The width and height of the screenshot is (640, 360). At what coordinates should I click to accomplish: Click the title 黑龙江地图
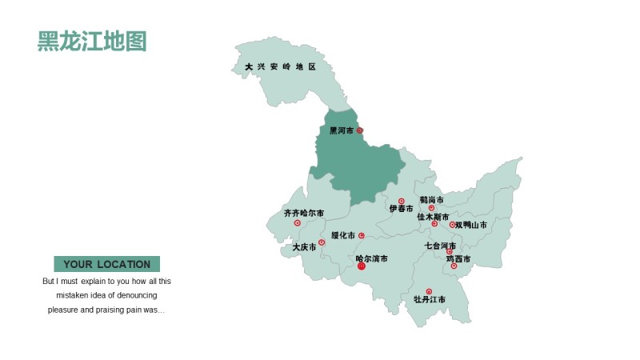tap(92, 42)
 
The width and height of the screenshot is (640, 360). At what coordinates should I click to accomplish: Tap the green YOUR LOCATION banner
tap(106, 264)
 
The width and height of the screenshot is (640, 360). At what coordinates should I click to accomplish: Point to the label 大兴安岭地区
tap(281, 67)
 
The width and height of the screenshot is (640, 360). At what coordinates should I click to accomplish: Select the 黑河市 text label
tap(341, 130)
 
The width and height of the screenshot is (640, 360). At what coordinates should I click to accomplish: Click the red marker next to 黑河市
tap(359, 130)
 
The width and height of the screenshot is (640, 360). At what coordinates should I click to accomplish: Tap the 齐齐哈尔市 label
tap(304, 214)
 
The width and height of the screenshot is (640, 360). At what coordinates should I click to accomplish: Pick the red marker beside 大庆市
tap(322, 242)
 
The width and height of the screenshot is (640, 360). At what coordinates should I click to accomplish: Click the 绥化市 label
tap(342, 236)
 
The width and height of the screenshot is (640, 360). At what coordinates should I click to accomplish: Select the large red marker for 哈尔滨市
tap(361, 266)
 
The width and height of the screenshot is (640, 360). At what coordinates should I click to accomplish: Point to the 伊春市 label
tap(401, 209)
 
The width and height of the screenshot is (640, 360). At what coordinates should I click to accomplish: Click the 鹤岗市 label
tap(431, 200)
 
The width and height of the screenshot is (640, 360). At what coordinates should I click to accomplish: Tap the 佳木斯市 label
tap(433, 217)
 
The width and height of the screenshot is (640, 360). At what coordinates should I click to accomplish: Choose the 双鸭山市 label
tap(470, 226)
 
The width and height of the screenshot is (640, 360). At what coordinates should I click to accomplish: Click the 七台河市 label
tap(440, 246)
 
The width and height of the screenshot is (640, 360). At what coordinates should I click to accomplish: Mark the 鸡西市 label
tap(458, 259)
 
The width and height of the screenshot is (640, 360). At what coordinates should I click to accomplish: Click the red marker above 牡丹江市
tap(429, 291)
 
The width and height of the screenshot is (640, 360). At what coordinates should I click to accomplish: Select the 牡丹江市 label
tap(430, 300)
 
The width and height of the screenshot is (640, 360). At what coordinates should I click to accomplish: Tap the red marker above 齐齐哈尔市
tap(298, 223)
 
